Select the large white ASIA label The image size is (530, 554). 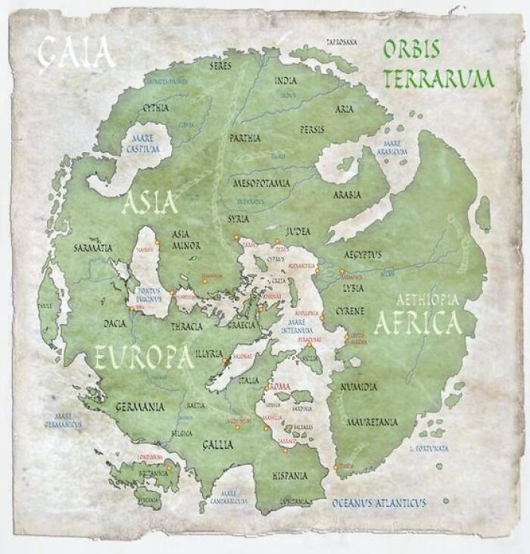[x=150, y=202]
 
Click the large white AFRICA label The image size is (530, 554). [x=416, y=322]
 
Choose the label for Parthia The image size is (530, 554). [x=244, y=138]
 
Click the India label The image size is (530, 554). [x=285, y=80]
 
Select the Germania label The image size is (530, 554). [x=139, y=406]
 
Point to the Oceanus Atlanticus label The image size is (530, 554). [x=379, y=503]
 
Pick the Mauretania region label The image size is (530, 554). [x=371, y=422]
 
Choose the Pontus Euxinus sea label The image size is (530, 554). [x=149, y=294]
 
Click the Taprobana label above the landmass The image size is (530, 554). [x=341, y=42]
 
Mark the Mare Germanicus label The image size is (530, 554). [x=62, y=421]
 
